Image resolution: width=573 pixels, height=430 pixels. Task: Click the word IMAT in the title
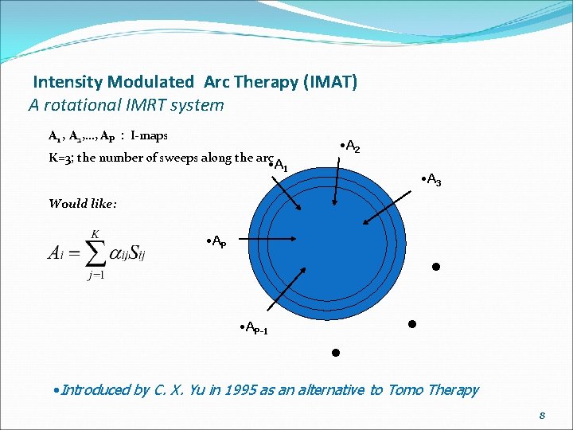coord(329,82)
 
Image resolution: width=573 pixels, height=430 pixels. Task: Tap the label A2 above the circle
coord(350,148)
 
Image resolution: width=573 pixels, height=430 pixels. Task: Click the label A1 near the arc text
coord(279,165)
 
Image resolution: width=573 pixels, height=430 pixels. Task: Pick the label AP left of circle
coord(216,241)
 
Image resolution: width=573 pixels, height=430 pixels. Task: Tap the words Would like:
coord(83,203)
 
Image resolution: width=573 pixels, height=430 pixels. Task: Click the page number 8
coord(542,415)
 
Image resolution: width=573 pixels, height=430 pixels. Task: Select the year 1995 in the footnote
coord(215,389)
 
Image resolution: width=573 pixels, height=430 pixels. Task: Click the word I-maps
coord(150,136)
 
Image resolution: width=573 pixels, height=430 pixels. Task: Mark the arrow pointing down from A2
coord(337,180)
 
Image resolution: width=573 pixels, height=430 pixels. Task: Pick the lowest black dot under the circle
coord(336,352)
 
